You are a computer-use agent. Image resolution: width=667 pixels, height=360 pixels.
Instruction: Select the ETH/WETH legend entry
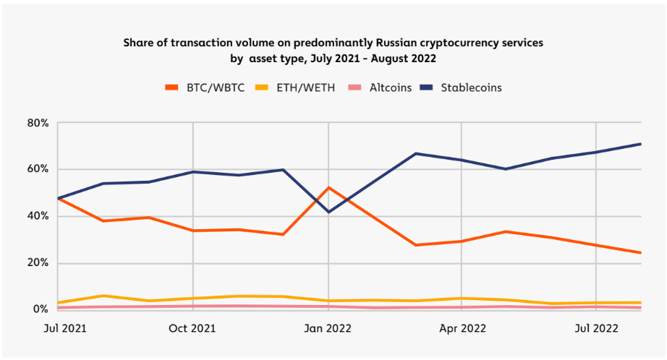coord(305,87)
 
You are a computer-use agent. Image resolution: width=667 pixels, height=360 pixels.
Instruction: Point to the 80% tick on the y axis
coord(38,123)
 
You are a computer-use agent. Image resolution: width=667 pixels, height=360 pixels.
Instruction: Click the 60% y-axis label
coord(38,169)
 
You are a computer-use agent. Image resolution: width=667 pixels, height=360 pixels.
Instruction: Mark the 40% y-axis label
coord(38,216)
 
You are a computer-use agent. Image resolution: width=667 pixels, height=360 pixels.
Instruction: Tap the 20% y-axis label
coord(38,263)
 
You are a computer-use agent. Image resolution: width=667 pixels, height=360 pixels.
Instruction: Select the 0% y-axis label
coord(41,309)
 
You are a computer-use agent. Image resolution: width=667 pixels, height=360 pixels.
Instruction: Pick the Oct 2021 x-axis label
coord(192,329)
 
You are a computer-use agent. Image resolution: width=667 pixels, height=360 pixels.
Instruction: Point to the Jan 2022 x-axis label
coord(329,329)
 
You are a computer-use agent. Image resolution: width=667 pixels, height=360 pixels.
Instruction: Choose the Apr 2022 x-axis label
coord(462,329)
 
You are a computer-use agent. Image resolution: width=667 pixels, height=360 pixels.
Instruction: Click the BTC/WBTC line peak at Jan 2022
coord(329,188)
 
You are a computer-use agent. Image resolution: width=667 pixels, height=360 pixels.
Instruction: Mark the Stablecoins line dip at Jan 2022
coord(329,212)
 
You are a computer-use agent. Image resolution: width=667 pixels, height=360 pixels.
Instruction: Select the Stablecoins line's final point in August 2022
coord(640,144)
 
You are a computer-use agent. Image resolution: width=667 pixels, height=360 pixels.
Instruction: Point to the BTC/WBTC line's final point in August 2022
coord(640,252)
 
